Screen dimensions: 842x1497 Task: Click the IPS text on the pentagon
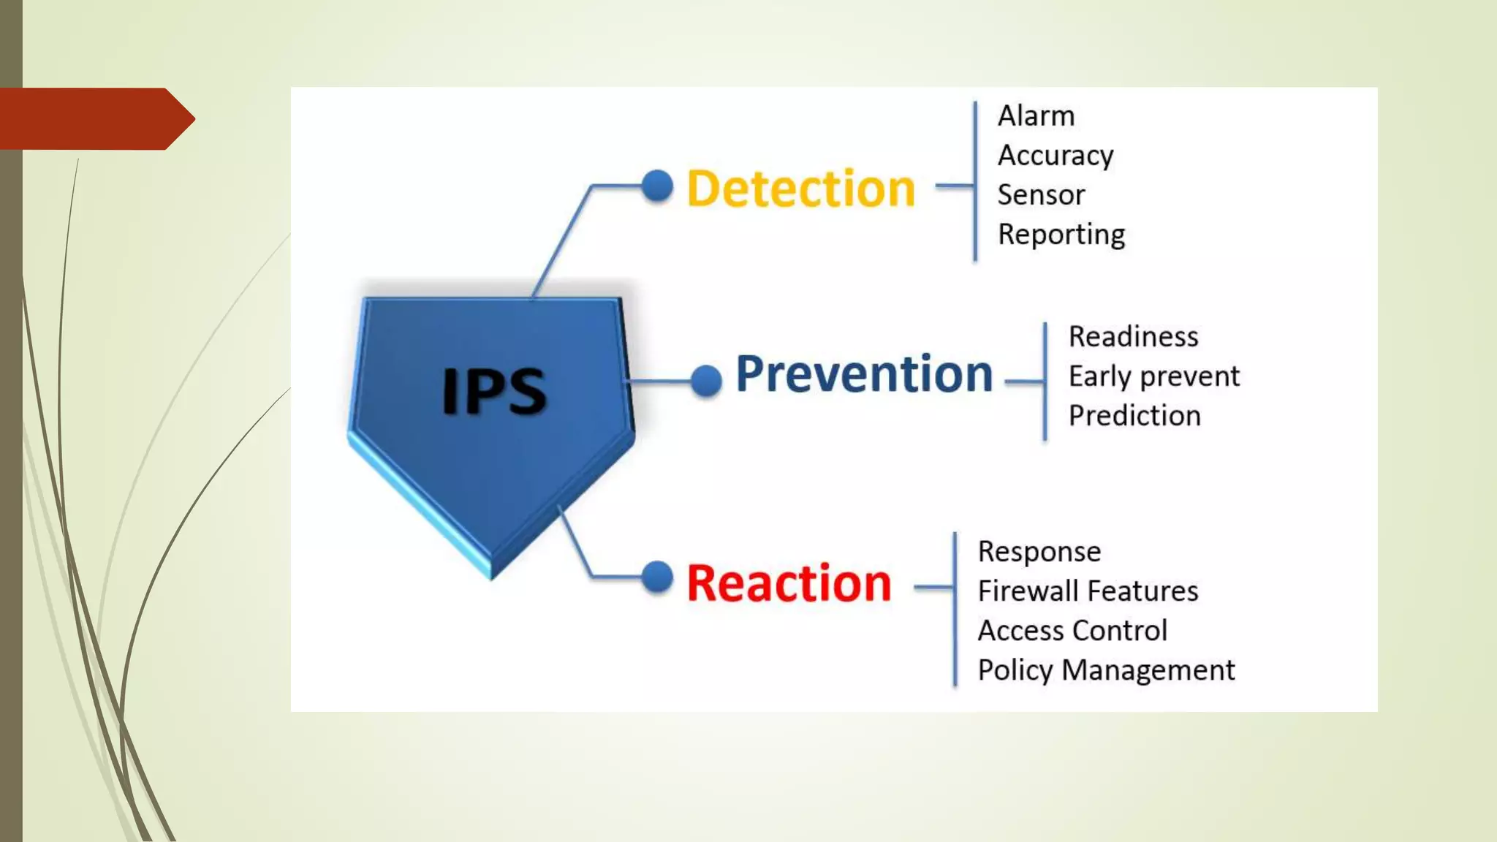point(494,392)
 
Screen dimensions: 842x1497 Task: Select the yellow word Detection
point(800,189)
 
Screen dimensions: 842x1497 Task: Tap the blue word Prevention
point(864,374)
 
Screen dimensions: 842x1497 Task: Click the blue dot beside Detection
point(657,186)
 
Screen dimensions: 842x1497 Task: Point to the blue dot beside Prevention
point(706,381)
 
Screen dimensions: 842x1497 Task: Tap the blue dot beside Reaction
point(657,577)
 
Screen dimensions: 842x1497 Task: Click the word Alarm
point(1036,116)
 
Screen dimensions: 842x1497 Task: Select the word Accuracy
point(1055,156)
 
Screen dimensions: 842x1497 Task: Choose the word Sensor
point(1041,195)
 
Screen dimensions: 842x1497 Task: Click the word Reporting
point(1061,235)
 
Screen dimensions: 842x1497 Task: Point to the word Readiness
point(1133,337)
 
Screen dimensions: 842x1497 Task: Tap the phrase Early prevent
point(1153,376)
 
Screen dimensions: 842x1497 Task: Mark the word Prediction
point(1134,416)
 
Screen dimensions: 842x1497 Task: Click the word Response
point(1039,552)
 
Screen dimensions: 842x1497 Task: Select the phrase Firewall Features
point(1088,591)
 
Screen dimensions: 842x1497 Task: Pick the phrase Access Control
point(1072,631)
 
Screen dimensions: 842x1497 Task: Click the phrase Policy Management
point(1106,670)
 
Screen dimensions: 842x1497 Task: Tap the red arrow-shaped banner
point(91,118)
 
